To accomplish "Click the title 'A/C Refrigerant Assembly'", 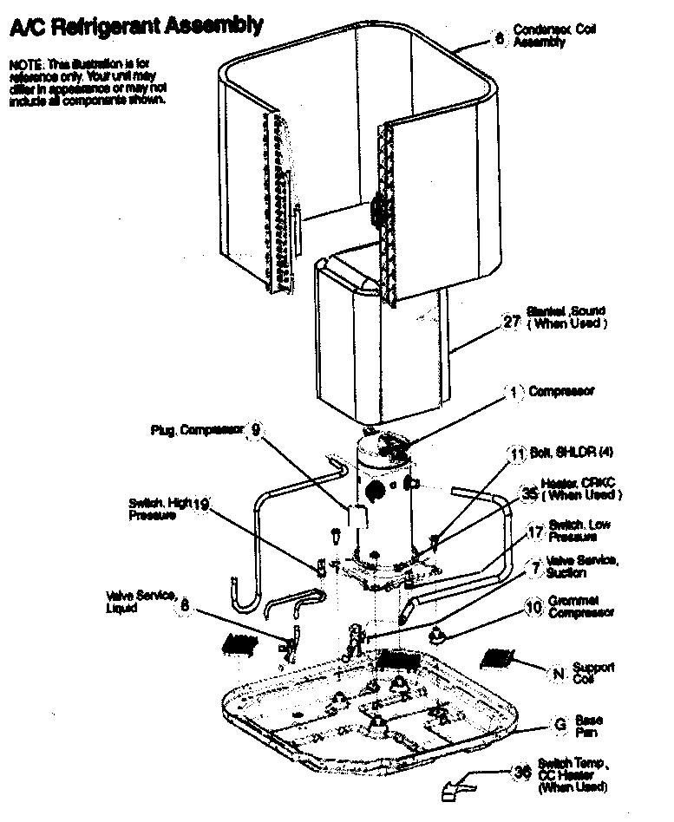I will click(x=134, y=27).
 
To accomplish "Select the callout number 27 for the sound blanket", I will click(x=512, y=322).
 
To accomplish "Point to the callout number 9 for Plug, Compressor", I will click(x=255, y=429).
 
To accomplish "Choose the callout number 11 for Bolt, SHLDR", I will click(x=517, y=453).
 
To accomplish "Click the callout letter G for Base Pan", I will click(x=559, y=724).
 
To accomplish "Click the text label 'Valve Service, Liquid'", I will click(x=141, y=601).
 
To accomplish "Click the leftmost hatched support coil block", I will click(x=239, y=643).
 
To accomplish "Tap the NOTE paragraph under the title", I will click(x=87, y=82).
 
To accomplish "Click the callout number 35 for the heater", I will click(x=529, y=493).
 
